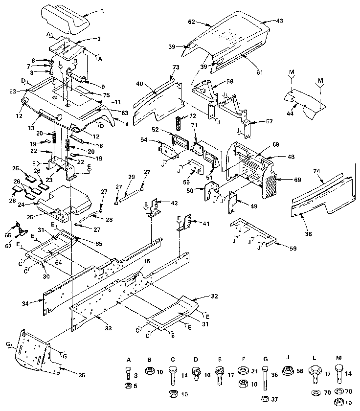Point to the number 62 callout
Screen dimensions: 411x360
(x=192, y=22)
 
